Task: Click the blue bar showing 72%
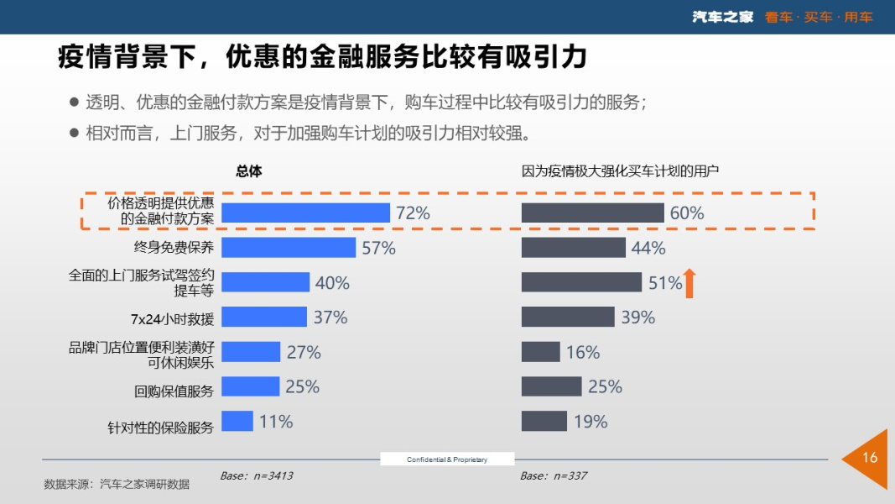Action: [x=305, y=213]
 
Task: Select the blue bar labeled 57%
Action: [x=289, y=248]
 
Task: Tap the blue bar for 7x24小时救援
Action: [x=264, y=317]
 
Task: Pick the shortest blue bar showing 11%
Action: [x=237, y=421]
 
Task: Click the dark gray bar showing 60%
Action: [x=592, y=213]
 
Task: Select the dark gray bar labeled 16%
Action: [x=541, y=352]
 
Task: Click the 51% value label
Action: [x=665, y=283]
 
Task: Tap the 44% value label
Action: [x=648, y=248]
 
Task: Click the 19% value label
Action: [x=591, y=422]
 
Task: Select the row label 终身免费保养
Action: [x=174, y=248]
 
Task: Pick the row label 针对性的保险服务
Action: [x=160, y=427]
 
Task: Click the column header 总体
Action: [x=249, y=171]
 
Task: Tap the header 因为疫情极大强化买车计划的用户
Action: [x=621, y=171]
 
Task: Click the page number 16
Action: [x=870, y=458]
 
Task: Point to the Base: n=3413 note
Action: [x=257, y=476]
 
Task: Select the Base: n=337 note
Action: [x=554, y=476]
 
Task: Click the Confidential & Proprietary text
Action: [x=447, y=459]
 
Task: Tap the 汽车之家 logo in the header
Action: [x=723, y=17]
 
